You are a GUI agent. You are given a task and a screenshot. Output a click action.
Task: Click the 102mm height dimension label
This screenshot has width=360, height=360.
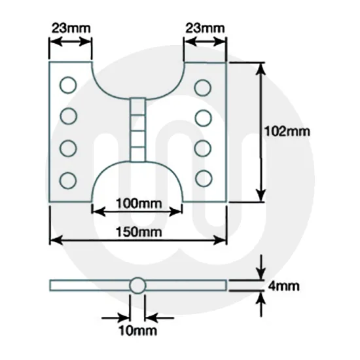[285, 131]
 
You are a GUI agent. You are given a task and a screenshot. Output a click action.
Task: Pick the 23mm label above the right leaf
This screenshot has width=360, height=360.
[204, 28]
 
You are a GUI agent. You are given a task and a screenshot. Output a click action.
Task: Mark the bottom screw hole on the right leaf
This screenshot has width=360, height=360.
[204, 177]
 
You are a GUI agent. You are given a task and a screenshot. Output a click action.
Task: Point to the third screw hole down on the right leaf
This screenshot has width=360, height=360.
[204, 147]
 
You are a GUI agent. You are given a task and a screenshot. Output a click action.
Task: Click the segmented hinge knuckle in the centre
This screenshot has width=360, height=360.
[137, 128]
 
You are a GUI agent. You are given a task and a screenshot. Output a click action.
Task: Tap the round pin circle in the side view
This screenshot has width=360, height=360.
[137, 285]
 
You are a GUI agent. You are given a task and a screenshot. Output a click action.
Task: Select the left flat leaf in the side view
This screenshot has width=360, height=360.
[88, 285]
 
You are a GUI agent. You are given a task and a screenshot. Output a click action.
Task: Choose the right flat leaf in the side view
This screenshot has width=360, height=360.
[187, 285]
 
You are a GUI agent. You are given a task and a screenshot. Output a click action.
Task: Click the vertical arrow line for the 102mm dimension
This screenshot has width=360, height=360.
[261, 131]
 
